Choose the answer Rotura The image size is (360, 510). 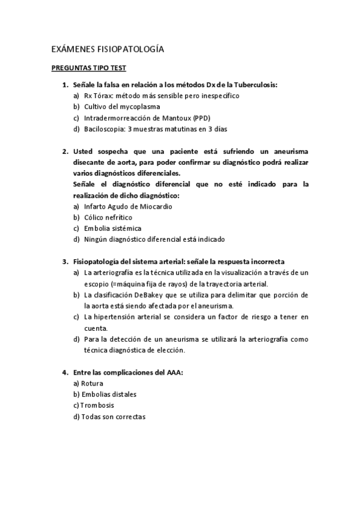pyautogui.click(x=92, y=383)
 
